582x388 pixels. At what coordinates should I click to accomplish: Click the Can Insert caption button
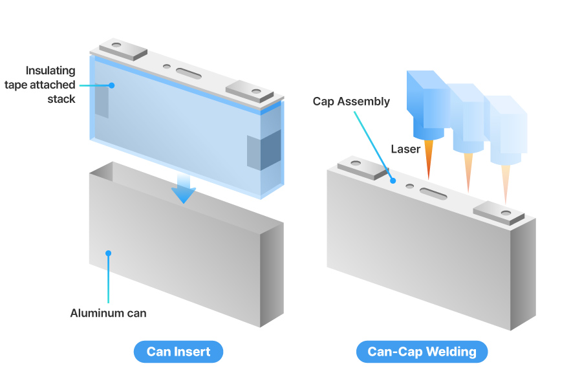[178, 352]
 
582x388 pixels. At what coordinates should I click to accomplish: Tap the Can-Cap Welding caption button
[422, 352]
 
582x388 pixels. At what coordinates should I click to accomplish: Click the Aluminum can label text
[108, 314]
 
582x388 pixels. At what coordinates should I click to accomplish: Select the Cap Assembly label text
[351, 102]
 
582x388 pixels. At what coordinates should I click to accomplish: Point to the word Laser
[405, 149]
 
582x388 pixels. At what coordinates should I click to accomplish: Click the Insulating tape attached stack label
[50, 85]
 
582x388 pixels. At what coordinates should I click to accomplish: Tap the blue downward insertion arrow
[184, 188]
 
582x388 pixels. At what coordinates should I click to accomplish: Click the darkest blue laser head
[427, 103]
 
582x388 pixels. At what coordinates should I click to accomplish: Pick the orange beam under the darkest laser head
[428, 162]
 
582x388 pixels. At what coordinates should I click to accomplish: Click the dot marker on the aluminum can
[108, 253]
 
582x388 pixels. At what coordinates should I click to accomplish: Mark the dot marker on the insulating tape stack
[111, 85]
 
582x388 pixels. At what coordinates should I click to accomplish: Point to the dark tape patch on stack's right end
[263, 151]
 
